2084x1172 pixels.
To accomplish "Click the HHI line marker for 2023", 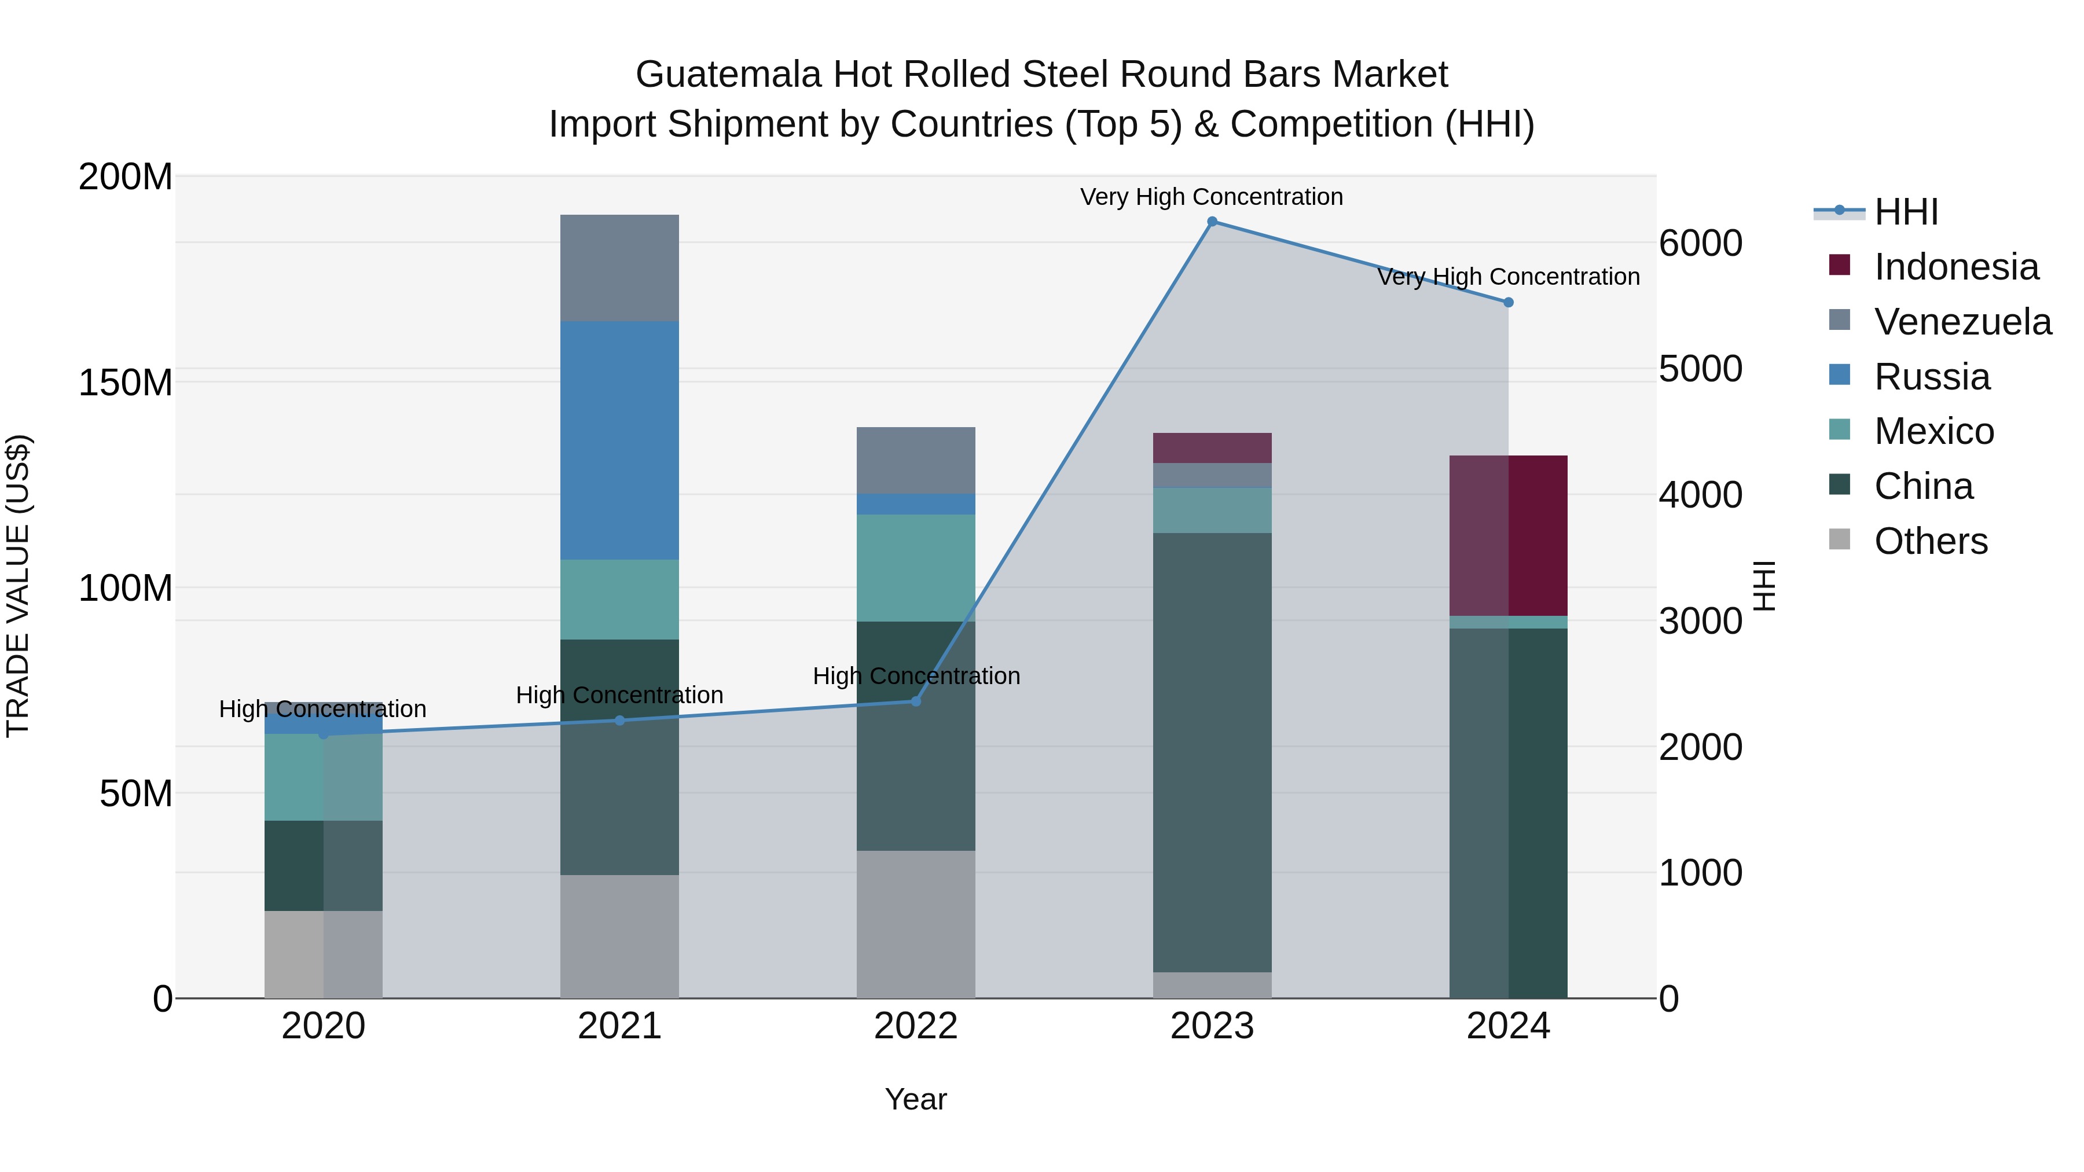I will point(1212,222).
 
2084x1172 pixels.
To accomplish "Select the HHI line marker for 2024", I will point(1508,303).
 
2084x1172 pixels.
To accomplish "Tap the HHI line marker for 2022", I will point(916,701).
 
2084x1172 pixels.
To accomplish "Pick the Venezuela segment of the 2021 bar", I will point(619,268).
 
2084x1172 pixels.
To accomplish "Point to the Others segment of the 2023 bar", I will point(1212,984).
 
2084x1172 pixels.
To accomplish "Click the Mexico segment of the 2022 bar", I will point(916,568).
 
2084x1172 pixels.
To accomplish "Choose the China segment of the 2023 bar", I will point(1212,752).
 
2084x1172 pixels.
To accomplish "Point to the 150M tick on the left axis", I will point(126,383).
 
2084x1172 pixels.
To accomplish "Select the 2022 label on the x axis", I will point(916,1026).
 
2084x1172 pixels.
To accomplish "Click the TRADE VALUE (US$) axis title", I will point(18,586).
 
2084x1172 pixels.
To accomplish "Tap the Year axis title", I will point(916,1099).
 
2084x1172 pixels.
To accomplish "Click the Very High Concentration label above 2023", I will point(1211,197).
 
